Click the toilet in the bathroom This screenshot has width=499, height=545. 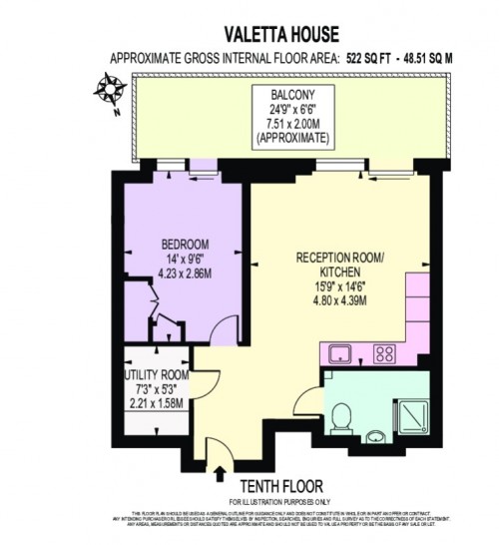coord(340,416)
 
